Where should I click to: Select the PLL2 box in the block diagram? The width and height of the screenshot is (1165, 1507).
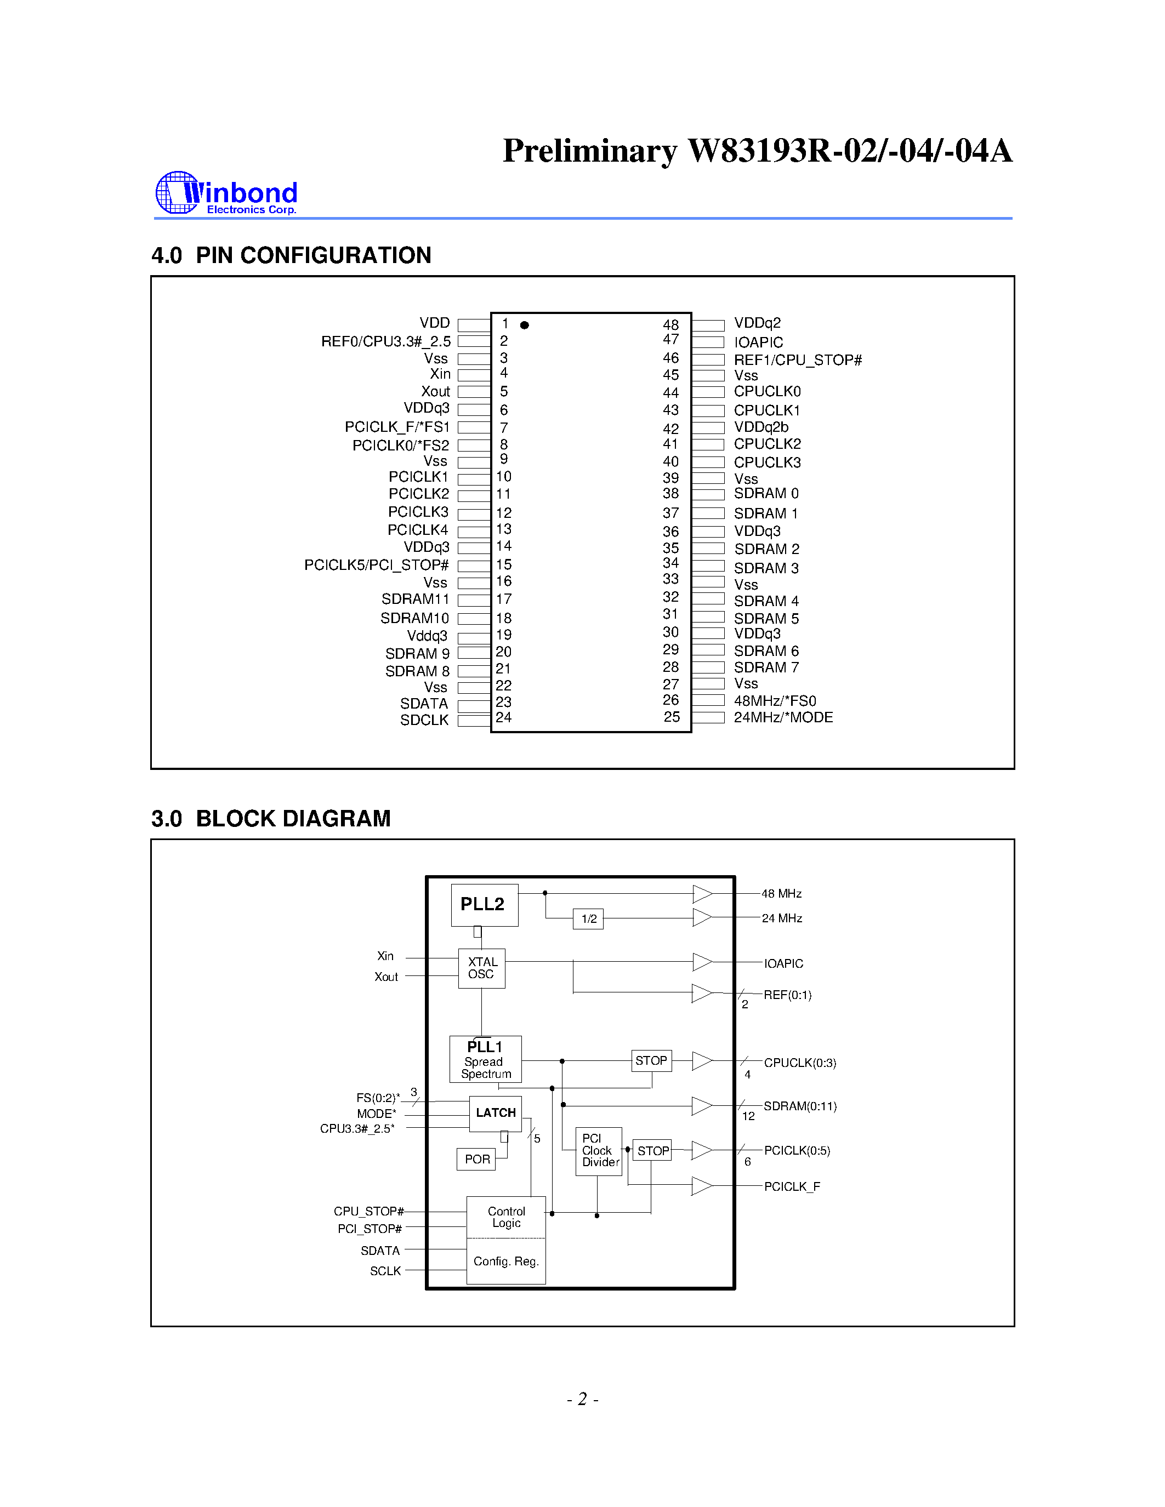pyautogui.click(x=484, y=905)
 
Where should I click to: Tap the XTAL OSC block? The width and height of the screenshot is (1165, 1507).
pyautogui.click(x=482, y=968)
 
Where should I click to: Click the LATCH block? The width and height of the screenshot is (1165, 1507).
pyautogui.click(x=496, y=1113)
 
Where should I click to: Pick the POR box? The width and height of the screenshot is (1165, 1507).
pyautogui.click(x=477, y=1159)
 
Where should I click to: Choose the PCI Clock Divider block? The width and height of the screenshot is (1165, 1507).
pyautogui.click(x=598, y=1151)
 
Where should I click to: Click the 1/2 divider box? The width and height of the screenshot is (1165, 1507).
pyautogui.click(x=588, y=919)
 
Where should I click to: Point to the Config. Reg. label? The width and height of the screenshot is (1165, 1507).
pyautogui.click(x=506, y=1261)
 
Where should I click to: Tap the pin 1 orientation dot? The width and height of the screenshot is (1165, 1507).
pyautogui.click(x=525, y=325)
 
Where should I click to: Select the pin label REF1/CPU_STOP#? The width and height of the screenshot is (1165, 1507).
pyautogui.click(x=797, y=360)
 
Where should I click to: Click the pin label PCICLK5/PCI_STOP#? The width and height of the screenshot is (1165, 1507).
pyautogui.click(x=377, y=565)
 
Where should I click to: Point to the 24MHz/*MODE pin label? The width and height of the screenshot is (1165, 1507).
pyautogui.click(x=783, y=718)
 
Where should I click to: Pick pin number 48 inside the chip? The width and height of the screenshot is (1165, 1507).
pyautogui.click(x=670, y=325)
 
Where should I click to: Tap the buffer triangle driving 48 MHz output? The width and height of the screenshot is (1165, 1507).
pyautogui.click(x=701, y=894)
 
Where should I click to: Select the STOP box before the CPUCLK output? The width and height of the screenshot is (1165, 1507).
pyautogui.click(x=651, y=1060)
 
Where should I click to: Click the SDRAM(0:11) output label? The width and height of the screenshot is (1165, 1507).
pyautogui.click(x=799, y=1106)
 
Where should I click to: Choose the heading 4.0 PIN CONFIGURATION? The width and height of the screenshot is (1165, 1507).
pyautogui.click(x=291, y=255)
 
